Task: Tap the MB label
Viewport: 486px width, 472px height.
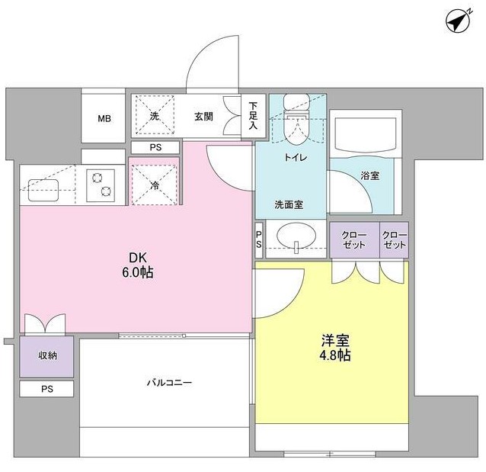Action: [x=104, y=118]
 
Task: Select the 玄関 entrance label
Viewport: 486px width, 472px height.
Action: [x=203, y=117]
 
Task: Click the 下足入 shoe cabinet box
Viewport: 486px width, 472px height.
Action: [x=253, y=116]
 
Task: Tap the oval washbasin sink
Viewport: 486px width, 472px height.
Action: [x=296, y=236]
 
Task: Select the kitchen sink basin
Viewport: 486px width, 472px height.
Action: [x=43, y=190]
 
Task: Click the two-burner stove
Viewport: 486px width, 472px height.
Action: [x=101, y=185]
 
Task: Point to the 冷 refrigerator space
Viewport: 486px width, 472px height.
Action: [x=154, y=185]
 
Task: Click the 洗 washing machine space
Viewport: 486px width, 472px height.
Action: [x=155, y=115]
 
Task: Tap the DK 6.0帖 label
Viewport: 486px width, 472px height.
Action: [x=138, y=265]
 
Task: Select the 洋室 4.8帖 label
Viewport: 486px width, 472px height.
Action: [x=335, y=348]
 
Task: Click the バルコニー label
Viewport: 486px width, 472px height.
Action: [x=169, y=382]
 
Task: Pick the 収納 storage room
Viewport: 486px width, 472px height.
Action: [x=46, y=356]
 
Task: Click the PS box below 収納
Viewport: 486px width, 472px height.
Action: [x=46, y=389]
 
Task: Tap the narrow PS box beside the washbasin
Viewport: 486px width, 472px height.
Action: [x=259, y=239]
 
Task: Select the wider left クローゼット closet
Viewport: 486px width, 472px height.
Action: [x=354, y=239]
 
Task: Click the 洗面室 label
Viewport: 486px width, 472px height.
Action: [x=289, y=204]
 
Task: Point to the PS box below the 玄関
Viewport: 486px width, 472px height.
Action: [x=155, y=147]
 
